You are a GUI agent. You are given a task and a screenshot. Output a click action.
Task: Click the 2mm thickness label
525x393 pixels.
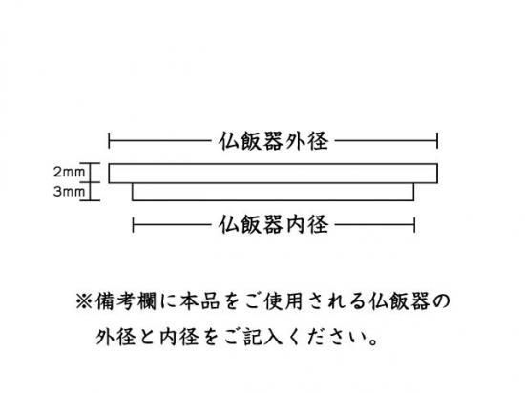tap(69, 172)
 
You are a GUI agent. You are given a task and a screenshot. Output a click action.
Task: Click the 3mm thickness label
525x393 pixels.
tap(69, 192)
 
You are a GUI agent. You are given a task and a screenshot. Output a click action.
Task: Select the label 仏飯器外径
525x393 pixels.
tap(273, 141)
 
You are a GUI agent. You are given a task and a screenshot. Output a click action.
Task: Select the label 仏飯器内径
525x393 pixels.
tap(273, 224)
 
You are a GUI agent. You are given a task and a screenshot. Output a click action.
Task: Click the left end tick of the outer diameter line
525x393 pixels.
tap(109, 141)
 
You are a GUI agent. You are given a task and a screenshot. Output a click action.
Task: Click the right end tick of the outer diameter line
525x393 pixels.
tap(437, 141)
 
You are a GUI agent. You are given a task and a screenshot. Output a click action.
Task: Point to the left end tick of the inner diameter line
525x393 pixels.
tap(134, 225)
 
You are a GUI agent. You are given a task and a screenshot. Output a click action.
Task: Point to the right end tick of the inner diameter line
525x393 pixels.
tap(414, 225)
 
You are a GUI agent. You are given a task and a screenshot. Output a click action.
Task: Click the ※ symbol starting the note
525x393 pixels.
tap(84, 301)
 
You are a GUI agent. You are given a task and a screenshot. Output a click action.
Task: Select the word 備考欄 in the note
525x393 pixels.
tap(126, 301)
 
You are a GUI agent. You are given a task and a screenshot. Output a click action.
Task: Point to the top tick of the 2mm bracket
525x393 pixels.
tap(90, 163)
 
